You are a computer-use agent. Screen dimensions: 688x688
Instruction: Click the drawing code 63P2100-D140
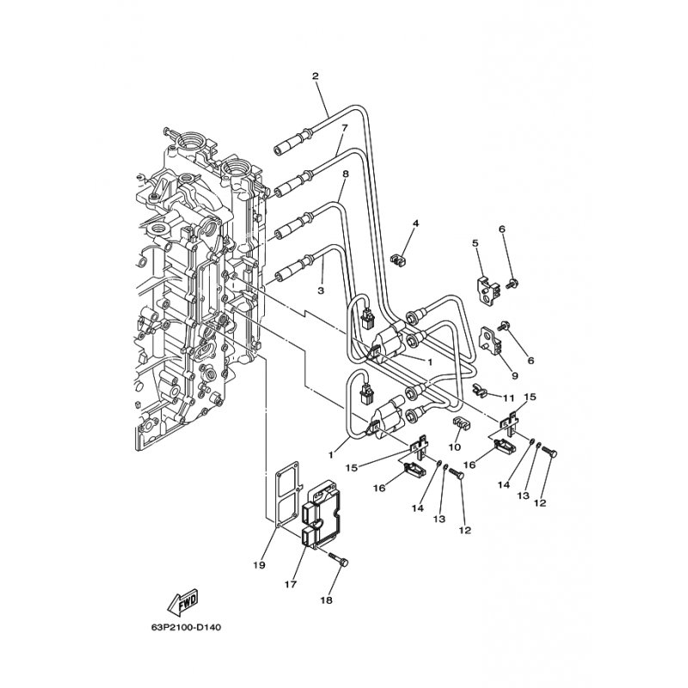click(x=186, y=628)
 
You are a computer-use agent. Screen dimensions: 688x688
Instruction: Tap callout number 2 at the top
click(x=315, y=76)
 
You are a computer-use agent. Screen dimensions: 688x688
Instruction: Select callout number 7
click(x=345, y=127)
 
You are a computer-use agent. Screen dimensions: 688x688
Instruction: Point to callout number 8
click(x=346, y=174)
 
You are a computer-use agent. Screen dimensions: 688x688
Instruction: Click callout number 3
click(x=321, y=291)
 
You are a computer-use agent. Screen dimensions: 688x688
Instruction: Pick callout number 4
click(x=415, y=224)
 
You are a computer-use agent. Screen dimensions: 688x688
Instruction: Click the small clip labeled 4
click(x=398, y=260)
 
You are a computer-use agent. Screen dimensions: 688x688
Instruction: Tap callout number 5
click(x=475, y=243)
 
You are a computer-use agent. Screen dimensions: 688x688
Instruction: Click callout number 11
click(x=508, y=398)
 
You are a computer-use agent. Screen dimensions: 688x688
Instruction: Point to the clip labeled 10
click(x=461, y=424)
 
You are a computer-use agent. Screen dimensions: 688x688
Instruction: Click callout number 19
click(x=259, y=565)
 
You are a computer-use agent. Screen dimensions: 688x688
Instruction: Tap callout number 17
click(x=291, y=584)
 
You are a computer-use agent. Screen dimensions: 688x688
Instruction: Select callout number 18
click(x=327, y=599)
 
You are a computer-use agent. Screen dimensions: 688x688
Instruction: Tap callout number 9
click(x=514, y=376)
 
